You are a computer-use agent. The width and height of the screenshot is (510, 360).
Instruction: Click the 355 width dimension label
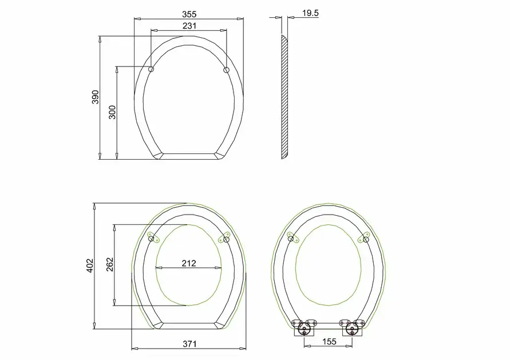pyautogui.click(x=189, y=14)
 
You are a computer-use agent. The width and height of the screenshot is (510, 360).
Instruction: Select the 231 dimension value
pyautogui.click(x=189, y=26)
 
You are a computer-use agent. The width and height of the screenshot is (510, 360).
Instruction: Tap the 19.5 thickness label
pyautogui.click(x=310, y=13)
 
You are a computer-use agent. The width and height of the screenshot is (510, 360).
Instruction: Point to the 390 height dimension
pyautogui.click(x=95, y=97)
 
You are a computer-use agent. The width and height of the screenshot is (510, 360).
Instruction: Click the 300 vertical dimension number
pyautogui.click(x=112, y=112)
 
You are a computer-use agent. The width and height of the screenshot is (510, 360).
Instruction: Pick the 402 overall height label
pyautogui.click(x=90, y=266)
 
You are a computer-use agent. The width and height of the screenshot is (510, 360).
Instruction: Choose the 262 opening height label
pyautogui.click(x=110, y=264)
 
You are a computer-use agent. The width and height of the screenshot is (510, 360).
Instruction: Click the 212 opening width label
pyautogui.click(x=189, y=263)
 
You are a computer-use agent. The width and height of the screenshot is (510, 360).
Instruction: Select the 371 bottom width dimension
pyautogui.click(x=189, y=344)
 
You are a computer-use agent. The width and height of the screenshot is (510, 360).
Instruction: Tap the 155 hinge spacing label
pyautogui.click(x=329, y=342)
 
